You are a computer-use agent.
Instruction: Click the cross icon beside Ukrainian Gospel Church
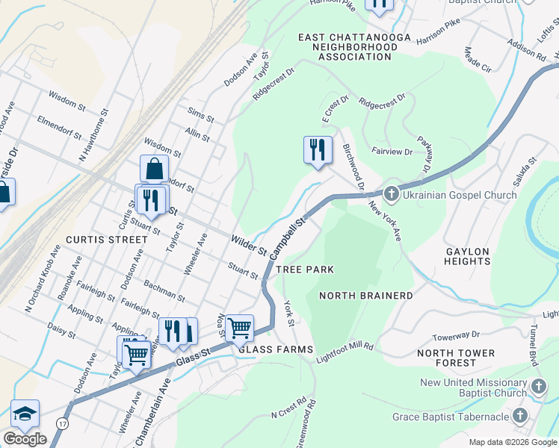(x=390, y=195)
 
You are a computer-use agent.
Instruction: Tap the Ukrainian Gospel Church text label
(x=460, y=196)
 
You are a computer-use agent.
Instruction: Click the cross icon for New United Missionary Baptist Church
(x=540, y=388)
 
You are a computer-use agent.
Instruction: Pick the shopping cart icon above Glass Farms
(x=239, y=327)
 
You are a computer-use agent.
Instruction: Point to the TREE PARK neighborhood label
(x=304, y=269)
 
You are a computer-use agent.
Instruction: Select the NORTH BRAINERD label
(x=366, y=296)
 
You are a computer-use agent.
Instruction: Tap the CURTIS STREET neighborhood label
(x=106, y=240)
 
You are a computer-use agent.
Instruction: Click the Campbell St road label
(x=289, y=233)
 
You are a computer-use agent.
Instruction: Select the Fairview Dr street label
(x=392, y=152)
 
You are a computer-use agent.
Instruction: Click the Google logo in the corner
(x=25, y=439)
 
